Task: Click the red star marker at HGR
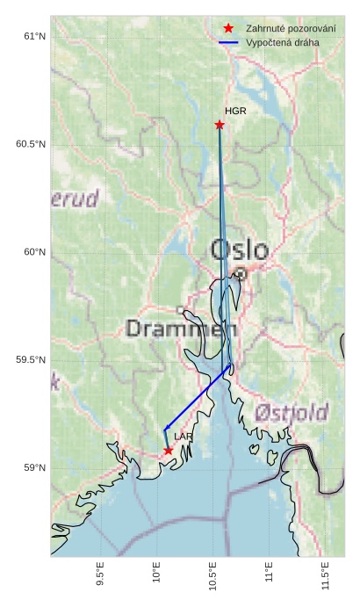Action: [x=220, y=125]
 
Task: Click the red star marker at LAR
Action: [x=168, y=451]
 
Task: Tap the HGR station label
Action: [x=235, y=112]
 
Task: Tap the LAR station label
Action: [x=184, y=437]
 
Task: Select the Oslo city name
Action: [x=240, y=250]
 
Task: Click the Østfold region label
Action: [x=292, y=413]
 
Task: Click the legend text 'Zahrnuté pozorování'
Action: [x=291, y=28]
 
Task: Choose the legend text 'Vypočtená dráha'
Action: [x=283, y=42]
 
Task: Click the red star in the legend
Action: [x=228, y=28]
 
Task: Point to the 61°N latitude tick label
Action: [x=33, y=36]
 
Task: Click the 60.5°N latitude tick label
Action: [x=30, y=144]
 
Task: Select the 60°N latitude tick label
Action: [x=33, y=252]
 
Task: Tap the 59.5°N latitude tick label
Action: [x=30, y=360]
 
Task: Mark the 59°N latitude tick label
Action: [x=33, y=468]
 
